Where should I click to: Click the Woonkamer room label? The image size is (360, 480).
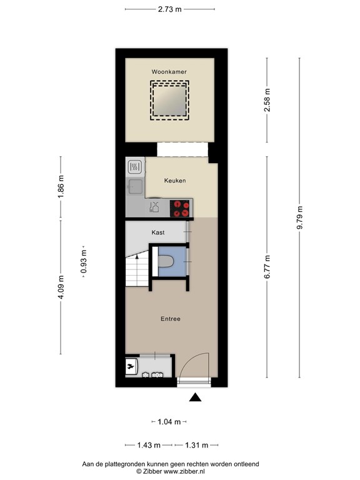click(x=169, y=72)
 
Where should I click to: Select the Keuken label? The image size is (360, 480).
click(x=175, y=181)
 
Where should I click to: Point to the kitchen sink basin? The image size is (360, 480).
click(x=134, y=185)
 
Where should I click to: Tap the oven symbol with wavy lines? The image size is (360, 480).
click(x=134, y=167)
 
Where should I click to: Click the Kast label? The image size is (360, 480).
click(x=158, y=232)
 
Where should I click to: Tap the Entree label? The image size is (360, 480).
click(x=170, y=319)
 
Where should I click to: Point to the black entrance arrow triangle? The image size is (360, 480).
click(x=196, y=397)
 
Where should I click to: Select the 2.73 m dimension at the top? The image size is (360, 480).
click(x=169, y=9)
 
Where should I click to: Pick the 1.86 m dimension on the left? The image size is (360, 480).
click(x=61, y=187)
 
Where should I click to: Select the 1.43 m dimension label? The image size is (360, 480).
click(x=149, y=445)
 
